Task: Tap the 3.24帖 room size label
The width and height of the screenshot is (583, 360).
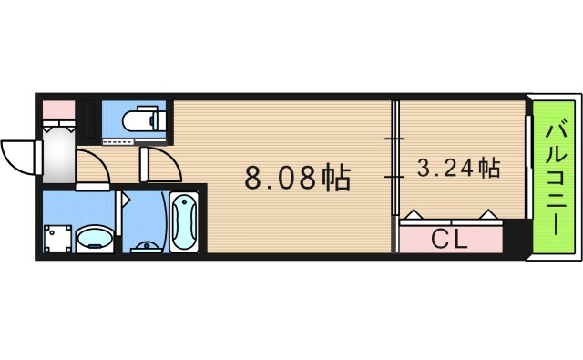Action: pyautogui.click(x=458, y=169)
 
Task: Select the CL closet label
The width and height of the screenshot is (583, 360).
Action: pyautogui.click(x=449, y=240)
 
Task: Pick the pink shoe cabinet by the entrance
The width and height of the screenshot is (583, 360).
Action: pyautogui.click(x=57, y=110)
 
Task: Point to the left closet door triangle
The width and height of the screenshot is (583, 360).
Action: pyautogui.click(x=414, y=216)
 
